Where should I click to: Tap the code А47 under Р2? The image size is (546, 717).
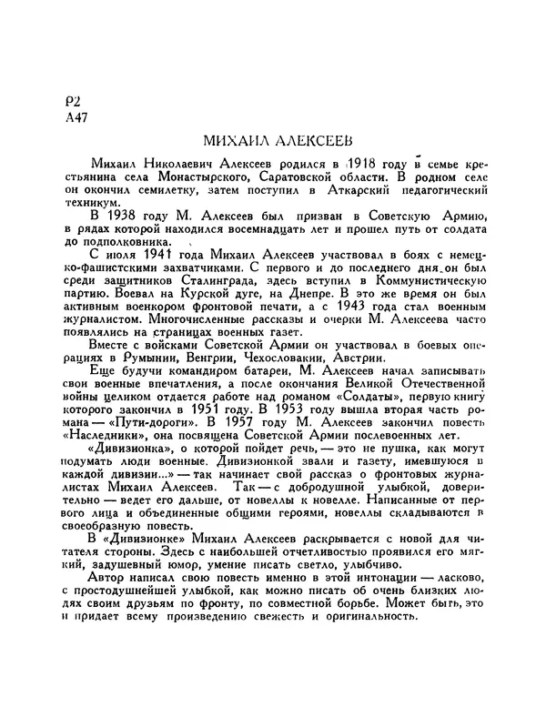[67, 119]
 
